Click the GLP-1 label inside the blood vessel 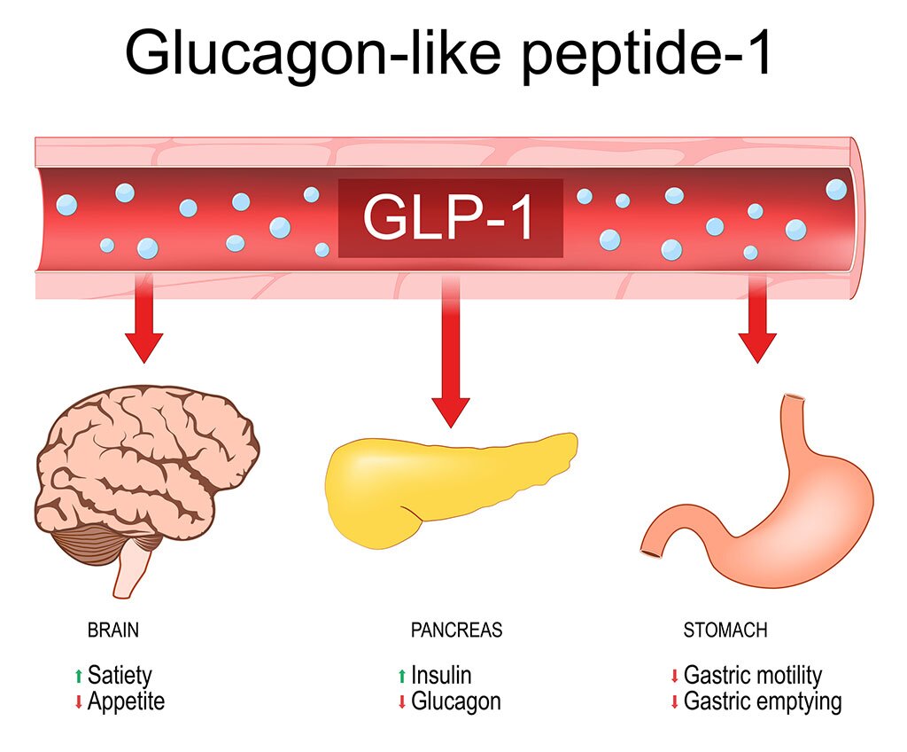click(450, 218)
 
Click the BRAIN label click(112, 631)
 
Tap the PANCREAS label click(456, 631)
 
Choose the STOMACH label click(725, 631)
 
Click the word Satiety click(120, 676)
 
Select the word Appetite click(126, 701)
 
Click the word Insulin click(441, 676)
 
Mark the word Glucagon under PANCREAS click(455, 701)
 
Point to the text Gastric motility click(753, 676)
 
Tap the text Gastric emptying click(763, 701)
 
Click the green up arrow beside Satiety click(79, 677)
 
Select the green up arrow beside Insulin click(402, 677)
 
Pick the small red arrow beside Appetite click(79, 702)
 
